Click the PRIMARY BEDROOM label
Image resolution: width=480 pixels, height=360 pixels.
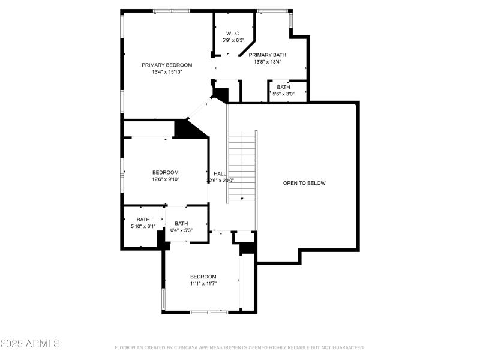(x=167, y=65)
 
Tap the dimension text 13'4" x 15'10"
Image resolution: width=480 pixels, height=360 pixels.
(x=167, y=72)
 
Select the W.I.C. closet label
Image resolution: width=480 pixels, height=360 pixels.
(x=233, y=33)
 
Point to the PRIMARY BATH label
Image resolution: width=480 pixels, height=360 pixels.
(x=268, y=54)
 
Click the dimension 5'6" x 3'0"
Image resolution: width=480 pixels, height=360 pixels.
(x=284, y=94)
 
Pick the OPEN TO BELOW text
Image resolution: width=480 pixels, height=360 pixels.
(x=304, y=183)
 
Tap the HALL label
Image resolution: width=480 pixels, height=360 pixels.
(x=220, y=173)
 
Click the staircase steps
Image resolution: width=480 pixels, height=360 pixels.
(x=242, y=162)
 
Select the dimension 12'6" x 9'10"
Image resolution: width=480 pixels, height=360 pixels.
(x=165, y=179)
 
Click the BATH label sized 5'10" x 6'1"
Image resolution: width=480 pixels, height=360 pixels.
(x=143, y=220)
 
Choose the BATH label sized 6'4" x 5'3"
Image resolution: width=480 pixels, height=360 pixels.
(x=181, y=223)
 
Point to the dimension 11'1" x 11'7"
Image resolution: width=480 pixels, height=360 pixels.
(x=203, y=284)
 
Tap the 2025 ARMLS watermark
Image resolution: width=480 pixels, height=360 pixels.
(x=30, y=344)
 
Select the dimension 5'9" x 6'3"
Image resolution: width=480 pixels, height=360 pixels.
(x=233, y=40)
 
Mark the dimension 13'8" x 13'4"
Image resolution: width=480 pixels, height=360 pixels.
(x=268, y=61)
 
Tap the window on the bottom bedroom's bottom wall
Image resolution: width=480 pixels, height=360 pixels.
(x=209, y=311)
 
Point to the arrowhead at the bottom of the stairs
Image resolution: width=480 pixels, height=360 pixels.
(x=242, y=199)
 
